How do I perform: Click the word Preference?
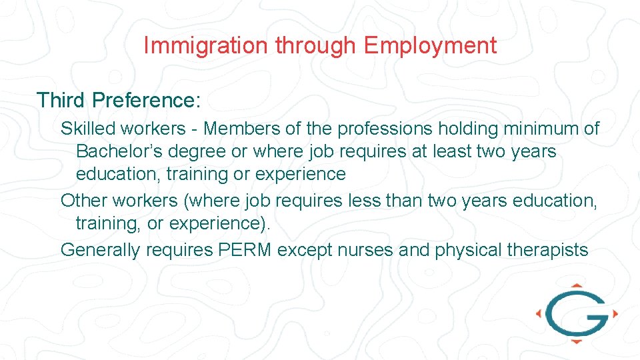click(146, 100)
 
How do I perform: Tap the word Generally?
click(101, 251)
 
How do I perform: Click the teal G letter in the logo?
click(576, 313)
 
